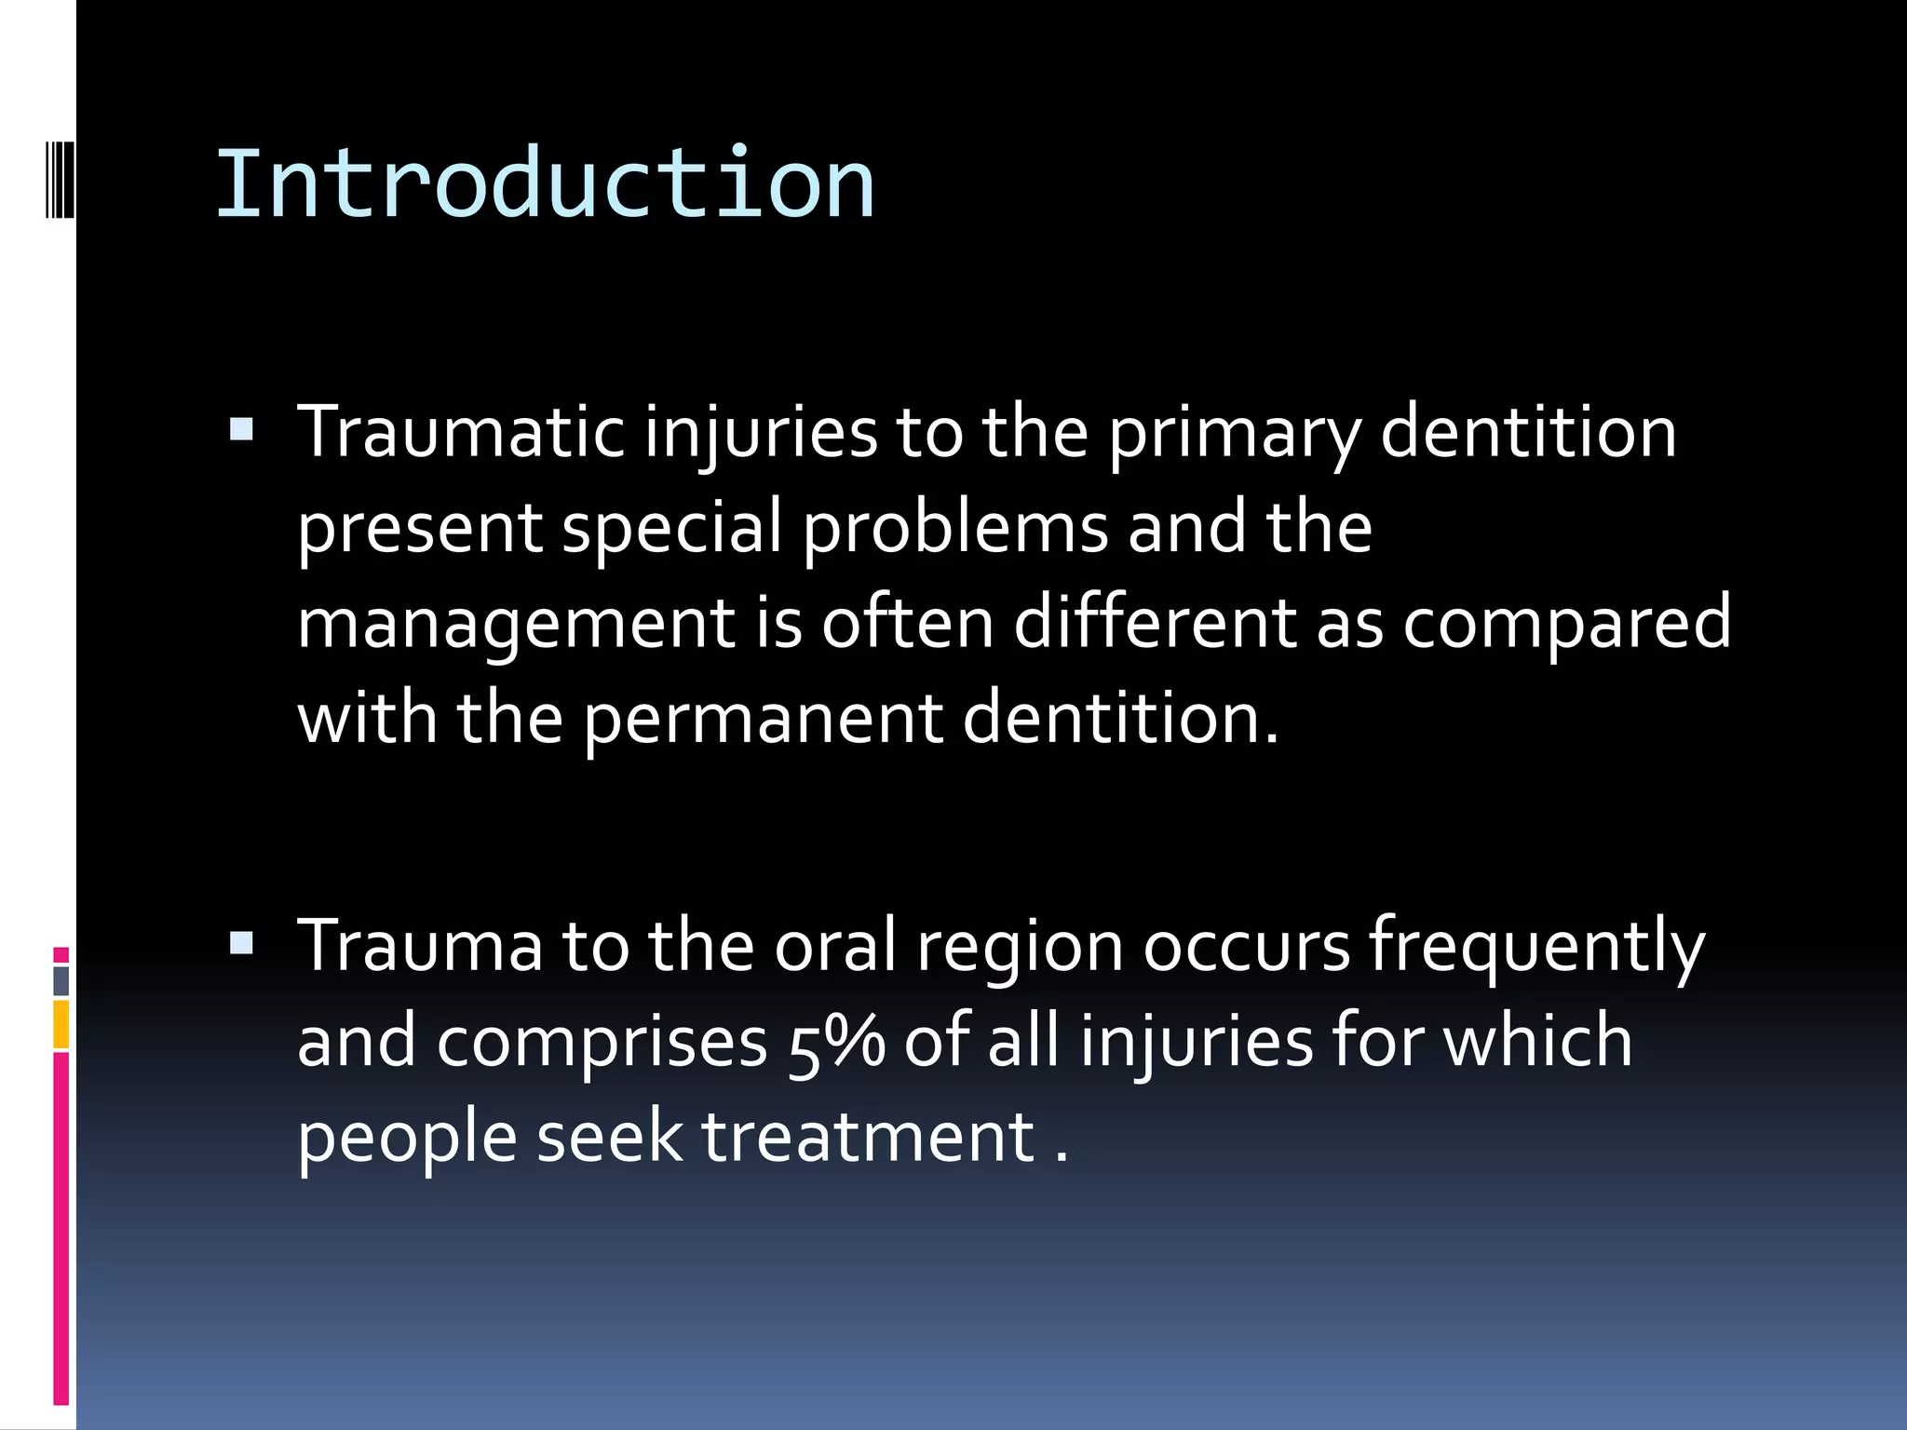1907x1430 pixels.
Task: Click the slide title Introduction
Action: point(545,184)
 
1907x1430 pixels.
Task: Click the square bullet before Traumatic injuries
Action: point(241,429)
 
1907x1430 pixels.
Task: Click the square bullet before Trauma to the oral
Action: point(241,944)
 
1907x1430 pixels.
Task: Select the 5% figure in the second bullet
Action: point(835,1044)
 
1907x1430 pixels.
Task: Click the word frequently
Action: point(1535,948)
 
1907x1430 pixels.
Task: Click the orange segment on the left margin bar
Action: point(61,1024)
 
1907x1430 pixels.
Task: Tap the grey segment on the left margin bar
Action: point(61,981)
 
